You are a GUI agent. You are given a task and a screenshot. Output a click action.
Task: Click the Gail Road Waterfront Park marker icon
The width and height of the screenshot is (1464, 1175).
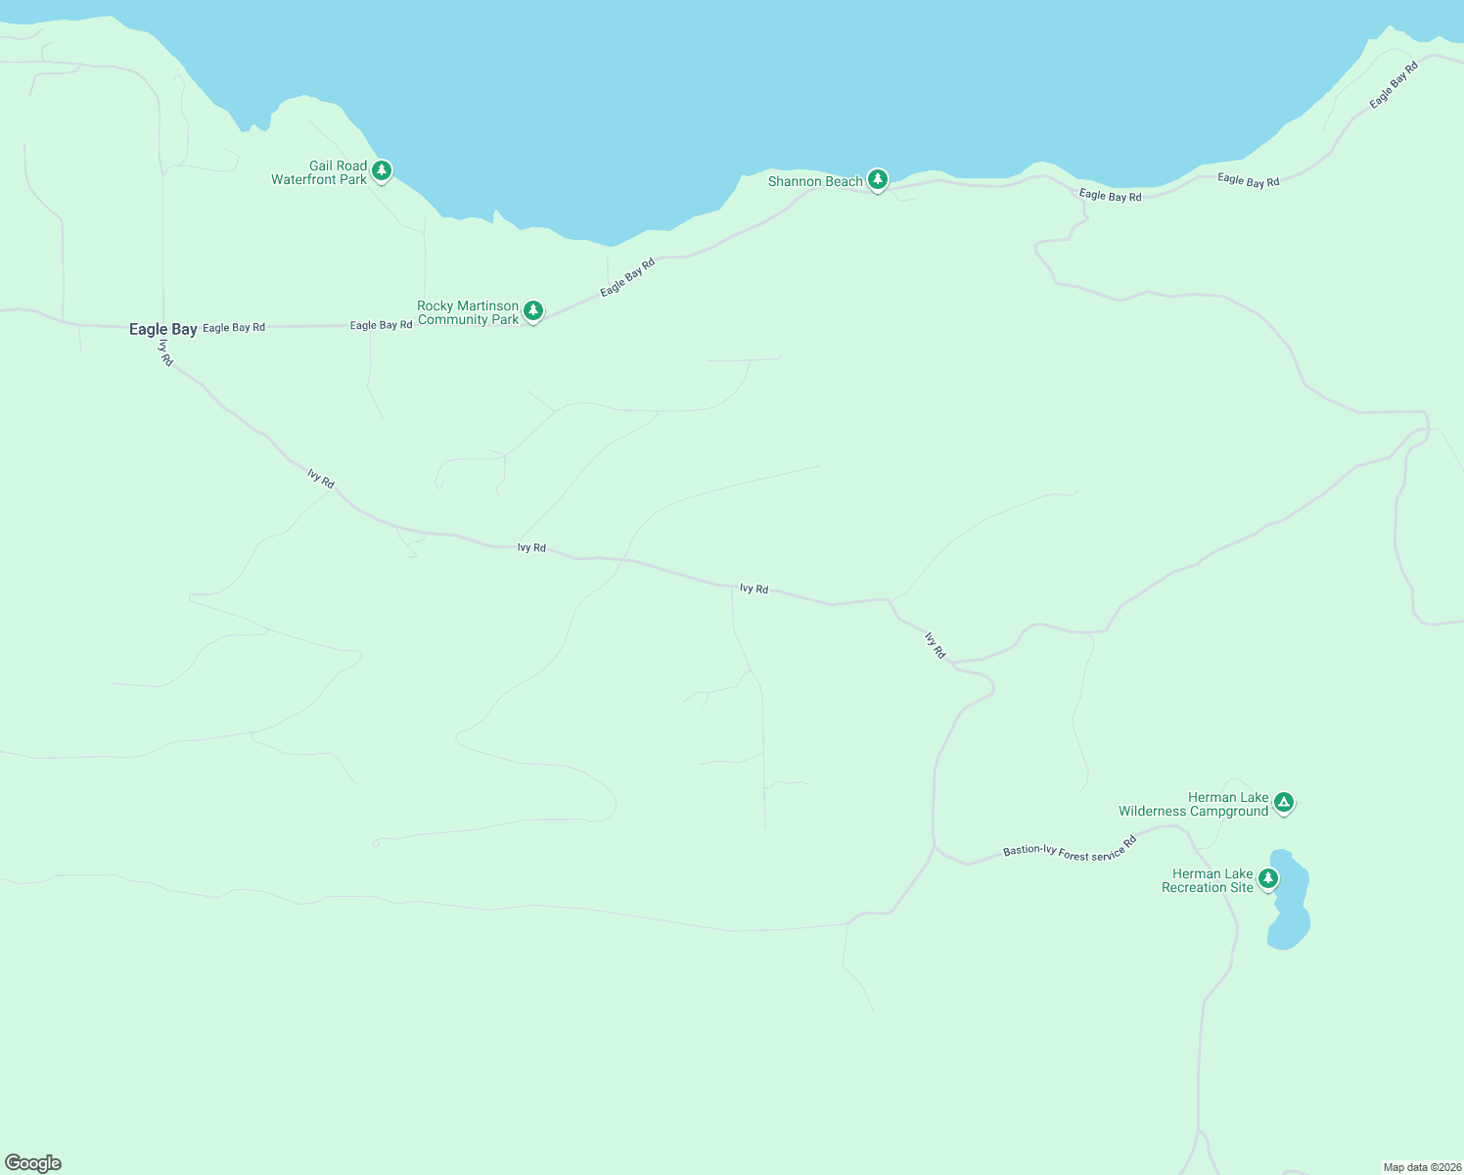tap(382, 171)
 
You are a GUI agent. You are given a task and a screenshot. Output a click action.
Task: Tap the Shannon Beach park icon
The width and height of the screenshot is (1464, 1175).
tap(878, 179)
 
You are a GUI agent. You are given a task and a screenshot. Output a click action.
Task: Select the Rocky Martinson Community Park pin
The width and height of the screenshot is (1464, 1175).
tap(533, 311)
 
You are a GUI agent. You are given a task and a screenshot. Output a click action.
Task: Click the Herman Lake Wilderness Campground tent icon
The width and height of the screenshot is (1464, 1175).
tap(1285, 803)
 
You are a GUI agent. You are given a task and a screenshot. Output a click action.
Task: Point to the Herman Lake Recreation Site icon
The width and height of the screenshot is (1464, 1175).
tap(1268, 878)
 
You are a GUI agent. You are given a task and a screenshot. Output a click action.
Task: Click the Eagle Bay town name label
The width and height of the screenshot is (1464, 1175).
tap(163, 329)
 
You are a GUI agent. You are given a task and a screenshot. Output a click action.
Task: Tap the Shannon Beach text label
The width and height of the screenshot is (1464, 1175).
tap(815, 181)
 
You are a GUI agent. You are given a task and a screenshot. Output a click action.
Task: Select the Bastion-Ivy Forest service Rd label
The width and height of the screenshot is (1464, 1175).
tap(1070, 848)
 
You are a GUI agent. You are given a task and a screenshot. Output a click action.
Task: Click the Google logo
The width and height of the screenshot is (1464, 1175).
tap(33, 1163)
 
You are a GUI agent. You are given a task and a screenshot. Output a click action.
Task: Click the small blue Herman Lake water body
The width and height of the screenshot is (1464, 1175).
tap(1290, 906)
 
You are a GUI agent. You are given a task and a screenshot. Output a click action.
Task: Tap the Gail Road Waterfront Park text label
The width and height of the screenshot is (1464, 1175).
tap(320, 172)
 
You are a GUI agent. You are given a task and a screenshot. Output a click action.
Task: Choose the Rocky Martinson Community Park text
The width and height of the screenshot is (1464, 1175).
tap(468, 312)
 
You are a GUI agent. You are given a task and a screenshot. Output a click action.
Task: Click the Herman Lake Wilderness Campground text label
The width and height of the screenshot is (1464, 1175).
tap(1194, 804)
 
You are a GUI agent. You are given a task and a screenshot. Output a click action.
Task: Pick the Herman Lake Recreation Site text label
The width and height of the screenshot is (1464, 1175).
tap(1208, 880)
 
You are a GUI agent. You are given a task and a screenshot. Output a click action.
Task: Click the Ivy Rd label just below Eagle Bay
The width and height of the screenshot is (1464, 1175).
tap(166, 352)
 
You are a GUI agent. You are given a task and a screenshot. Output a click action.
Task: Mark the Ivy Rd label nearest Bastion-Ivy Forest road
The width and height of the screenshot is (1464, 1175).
tap(936, 644)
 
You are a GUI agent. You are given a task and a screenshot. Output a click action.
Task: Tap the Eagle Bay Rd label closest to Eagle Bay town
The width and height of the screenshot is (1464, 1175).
tap(234, 327)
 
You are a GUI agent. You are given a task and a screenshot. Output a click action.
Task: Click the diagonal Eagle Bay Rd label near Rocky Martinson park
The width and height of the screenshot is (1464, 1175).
tap(627, 277)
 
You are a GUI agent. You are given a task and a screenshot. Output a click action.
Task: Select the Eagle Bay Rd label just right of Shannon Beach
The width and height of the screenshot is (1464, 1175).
tap(1110, 196)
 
